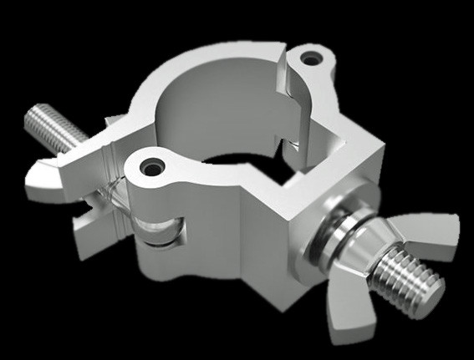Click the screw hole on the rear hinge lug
pyautogui.click(x=313, y=59)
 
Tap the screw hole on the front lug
pyautogui.click(x=152, y=164)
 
